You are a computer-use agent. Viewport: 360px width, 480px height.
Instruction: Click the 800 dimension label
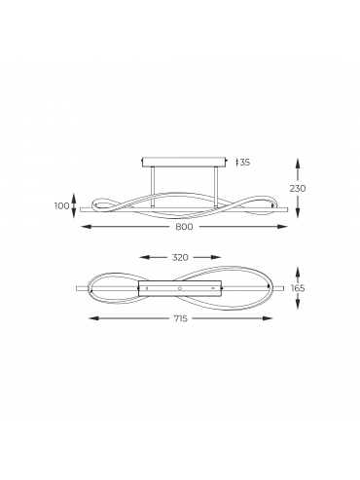184,227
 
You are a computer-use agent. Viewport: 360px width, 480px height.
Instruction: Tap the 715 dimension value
180,318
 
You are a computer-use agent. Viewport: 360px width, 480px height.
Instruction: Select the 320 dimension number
180,257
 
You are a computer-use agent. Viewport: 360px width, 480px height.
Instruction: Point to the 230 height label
298,188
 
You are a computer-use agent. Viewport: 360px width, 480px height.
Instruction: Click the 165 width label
298,288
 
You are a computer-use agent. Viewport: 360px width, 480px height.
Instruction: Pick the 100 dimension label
62,205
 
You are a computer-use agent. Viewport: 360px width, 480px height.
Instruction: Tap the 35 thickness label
245,162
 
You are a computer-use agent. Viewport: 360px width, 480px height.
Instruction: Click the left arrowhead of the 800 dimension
85,227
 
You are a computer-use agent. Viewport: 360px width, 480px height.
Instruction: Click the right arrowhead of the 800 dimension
283,227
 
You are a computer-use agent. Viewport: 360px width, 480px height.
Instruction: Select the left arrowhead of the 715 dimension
93,318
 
